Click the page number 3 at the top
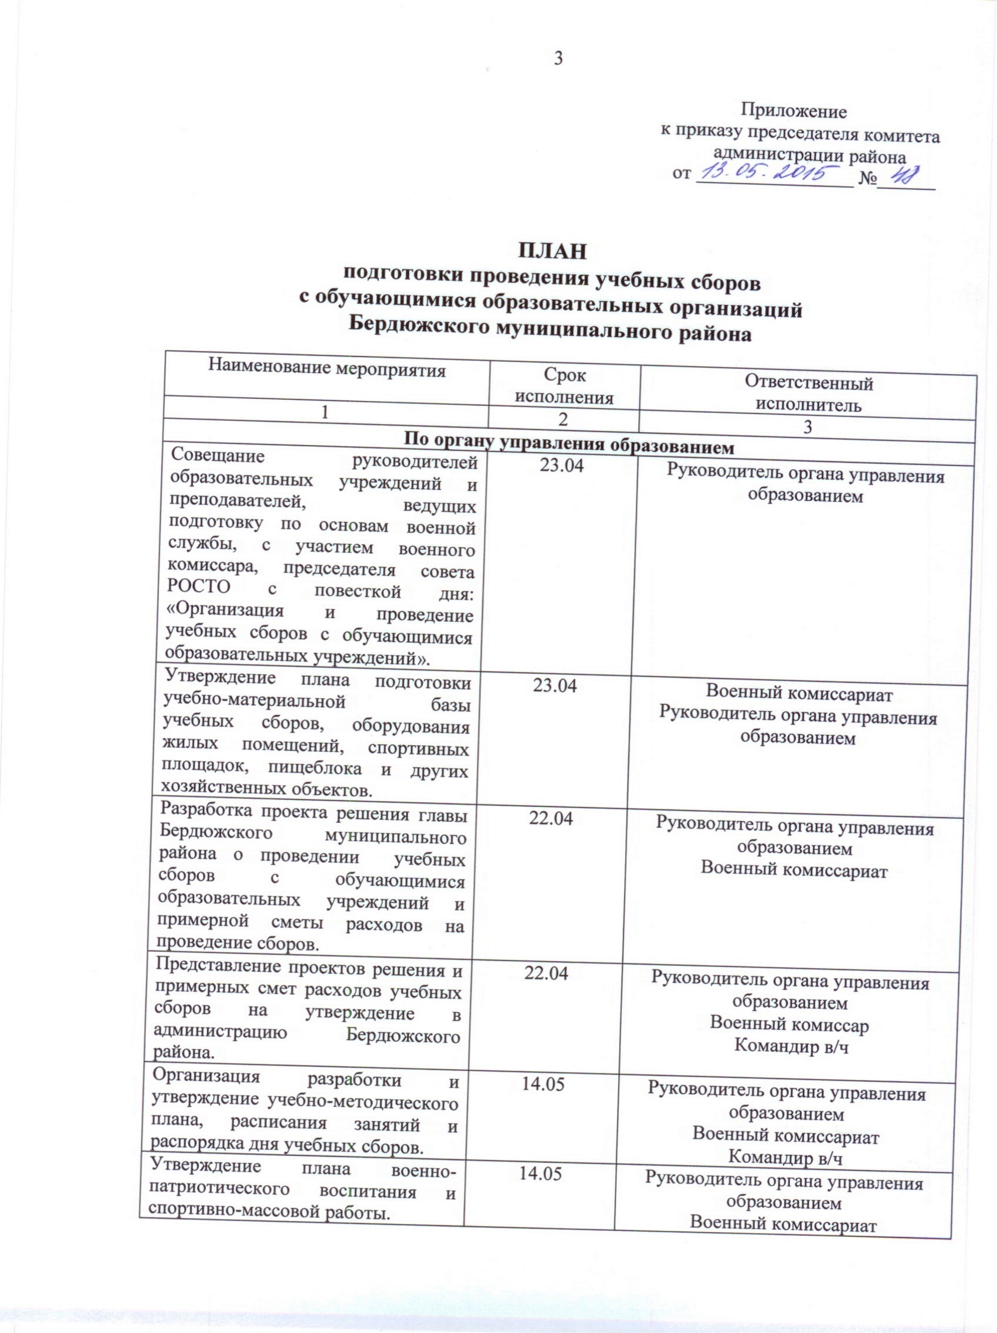pyautogui.click(x=558, y=59)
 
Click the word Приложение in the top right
pyautogui.click(x=793, y=111)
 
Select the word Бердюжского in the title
pyautogui.click(x=416, y=331)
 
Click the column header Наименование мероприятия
pyautogui.click(x=327, y=368)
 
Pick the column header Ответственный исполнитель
pyautogui.click(x=809, y=394)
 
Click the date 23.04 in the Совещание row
pyautogui.click(x=562, y=466)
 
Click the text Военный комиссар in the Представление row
pyautogui.click(x=789, y=1025)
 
